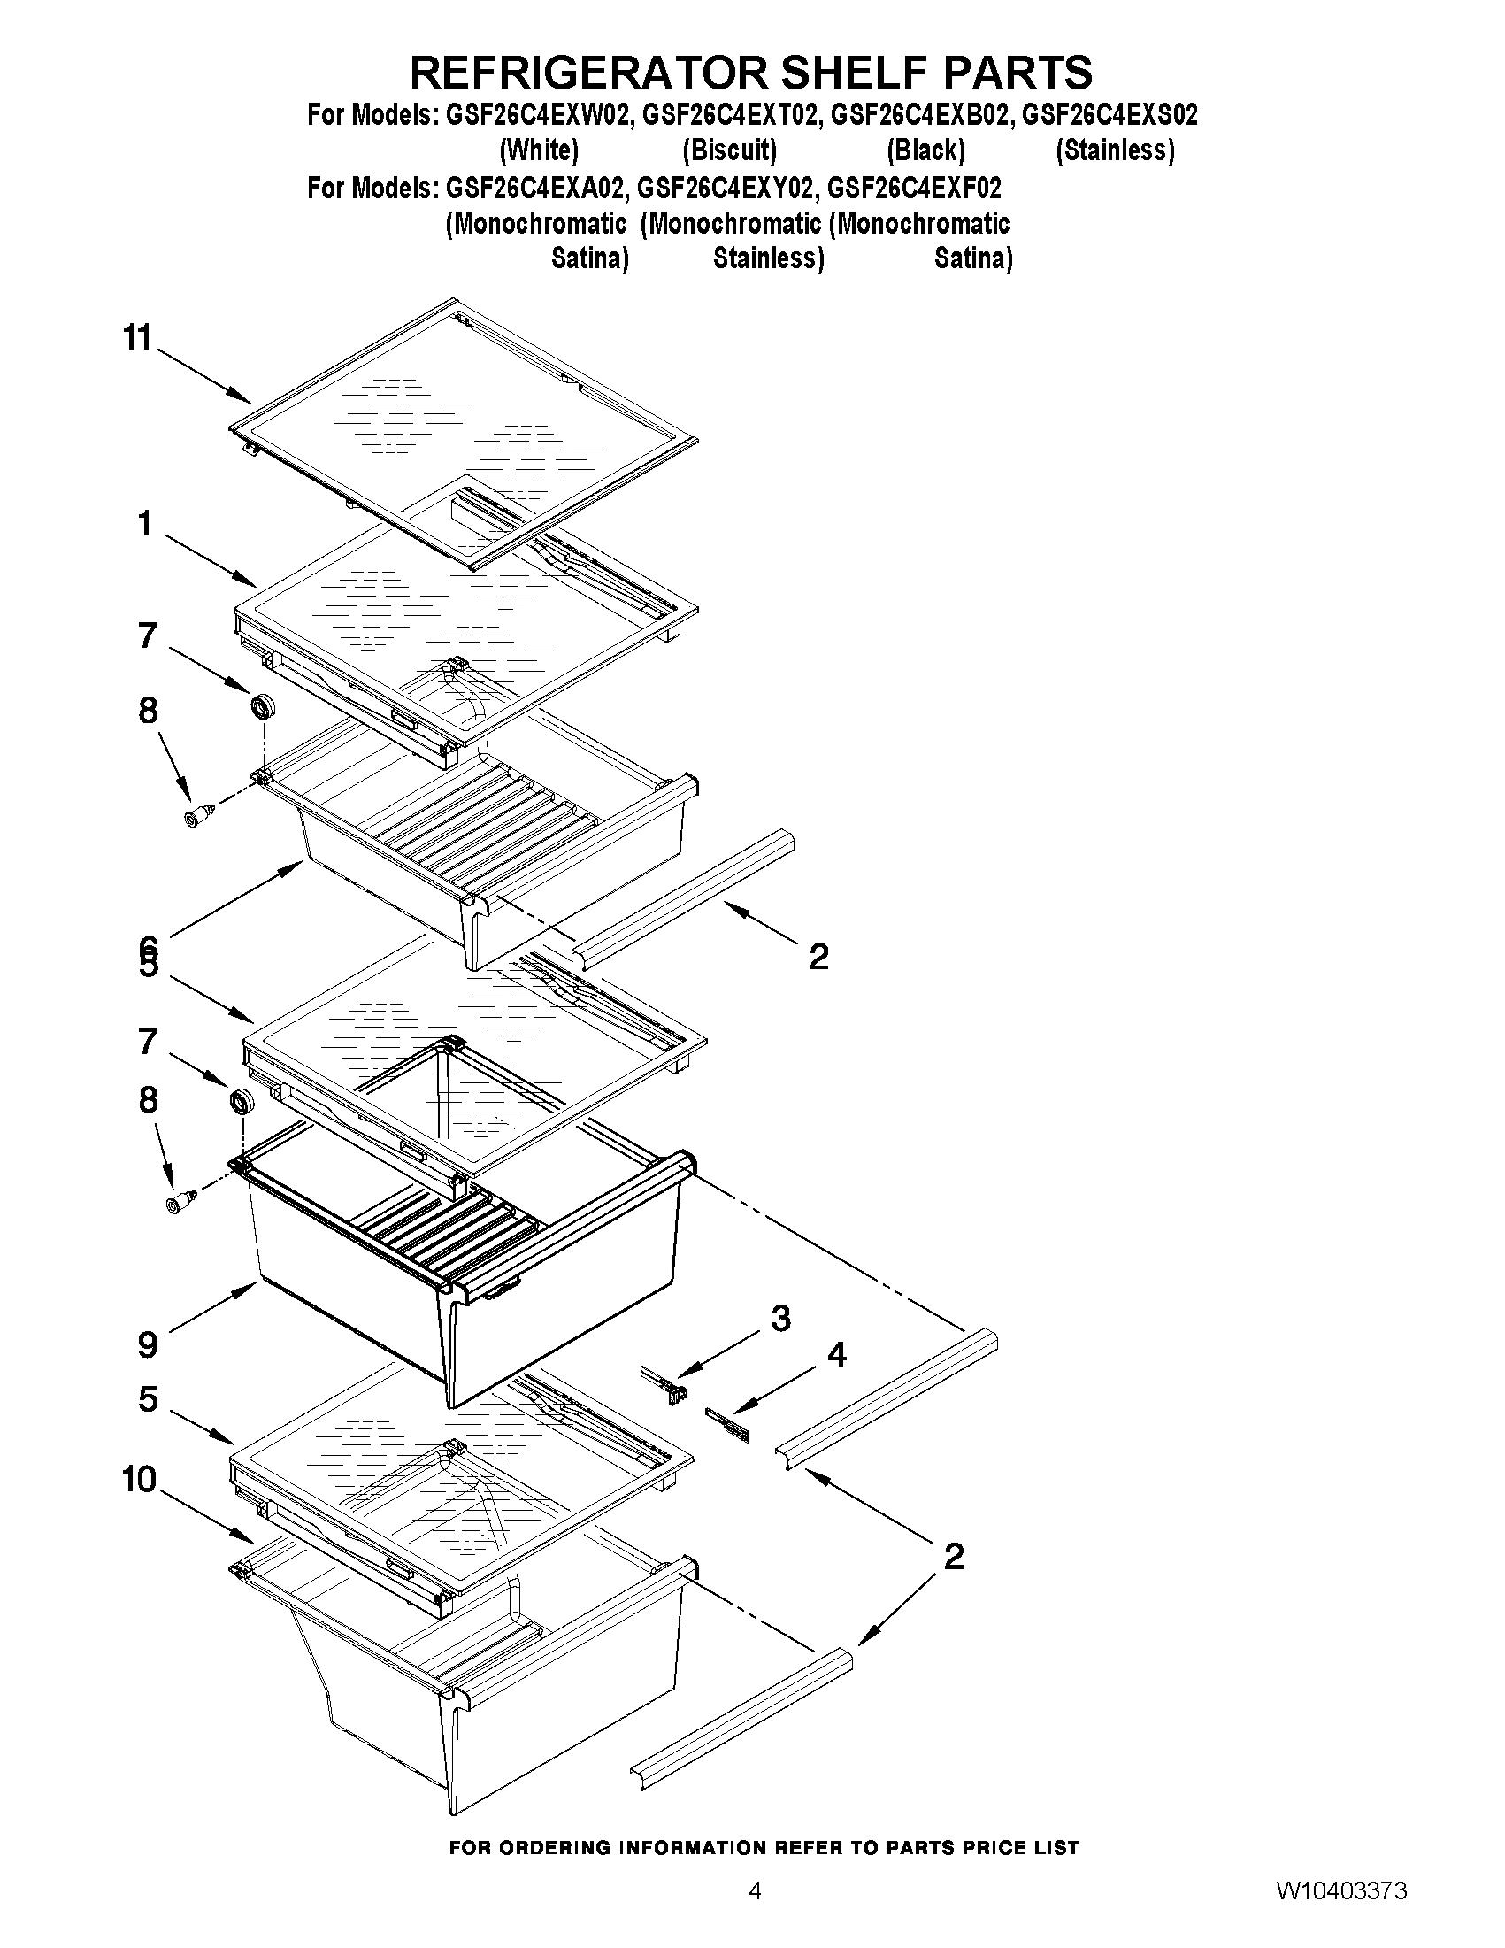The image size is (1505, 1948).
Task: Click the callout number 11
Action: pos(138,339)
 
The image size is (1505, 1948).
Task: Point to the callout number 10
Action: pos(140,1480)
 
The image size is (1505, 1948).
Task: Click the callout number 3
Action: pos(780,1319)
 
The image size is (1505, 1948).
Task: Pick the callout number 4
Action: pos(836,1355)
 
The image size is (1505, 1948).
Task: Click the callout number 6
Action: pos(148,944)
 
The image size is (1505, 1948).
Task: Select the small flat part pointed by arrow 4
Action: pos(727,1424)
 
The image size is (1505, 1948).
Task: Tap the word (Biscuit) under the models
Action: pos(729,150)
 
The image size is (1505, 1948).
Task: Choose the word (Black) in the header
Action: pos(925,150)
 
